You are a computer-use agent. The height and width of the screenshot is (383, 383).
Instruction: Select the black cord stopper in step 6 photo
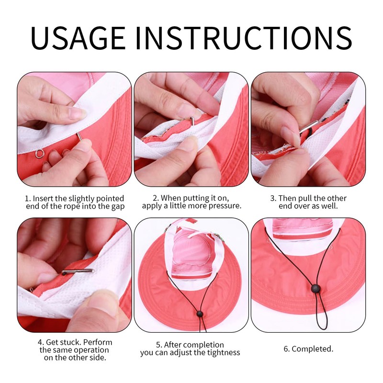(315, 288)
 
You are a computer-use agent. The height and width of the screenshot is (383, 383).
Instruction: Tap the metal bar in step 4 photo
(78, 271)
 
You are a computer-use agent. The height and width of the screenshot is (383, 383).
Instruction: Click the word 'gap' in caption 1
(117, 206)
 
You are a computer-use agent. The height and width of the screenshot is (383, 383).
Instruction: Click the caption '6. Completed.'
(308, 349)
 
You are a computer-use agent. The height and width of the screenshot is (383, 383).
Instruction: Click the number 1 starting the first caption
(28, 198)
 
